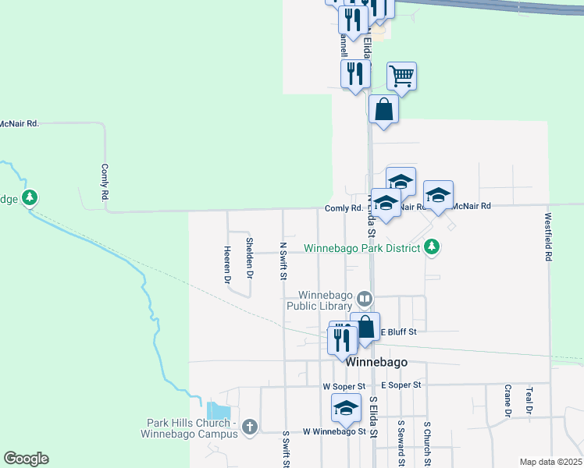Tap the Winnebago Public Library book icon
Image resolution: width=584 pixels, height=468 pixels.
coord(365,299)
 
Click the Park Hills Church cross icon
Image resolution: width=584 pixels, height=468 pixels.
coord(250,427)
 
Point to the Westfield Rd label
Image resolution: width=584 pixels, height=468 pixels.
coord(549,236)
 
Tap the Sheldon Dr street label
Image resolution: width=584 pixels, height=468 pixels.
coord(250,257)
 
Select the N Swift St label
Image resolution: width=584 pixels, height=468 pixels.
coord(283,260)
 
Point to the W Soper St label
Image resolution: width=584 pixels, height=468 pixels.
coord(344,386)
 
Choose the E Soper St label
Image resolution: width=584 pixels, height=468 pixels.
coord(401,385)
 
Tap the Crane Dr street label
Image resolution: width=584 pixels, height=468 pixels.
coord(507,401)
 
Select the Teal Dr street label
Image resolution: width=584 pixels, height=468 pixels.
coord(529,399)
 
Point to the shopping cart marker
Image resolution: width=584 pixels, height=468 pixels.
coord(401,76)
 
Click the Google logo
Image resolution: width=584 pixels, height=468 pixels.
coord(26,459)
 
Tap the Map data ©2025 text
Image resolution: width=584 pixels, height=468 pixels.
coord(550,462)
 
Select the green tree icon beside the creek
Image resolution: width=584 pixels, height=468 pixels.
coord(30,197)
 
